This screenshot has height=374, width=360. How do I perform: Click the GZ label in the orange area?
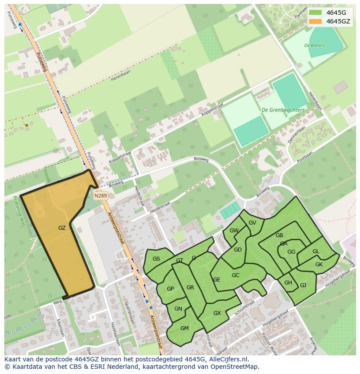coord(62,228)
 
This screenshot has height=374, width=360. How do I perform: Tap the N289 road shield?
coord(100,196)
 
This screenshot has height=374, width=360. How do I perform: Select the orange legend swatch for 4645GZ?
coord(316,21)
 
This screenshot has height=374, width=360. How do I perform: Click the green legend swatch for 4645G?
coord(316,12)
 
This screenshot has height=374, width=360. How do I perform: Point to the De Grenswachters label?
coord(283,110)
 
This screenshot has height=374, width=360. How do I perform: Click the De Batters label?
coord(314,45)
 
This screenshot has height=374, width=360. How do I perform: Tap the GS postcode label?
coord(156,259)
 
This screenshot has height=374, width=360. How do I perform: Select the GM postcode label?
coord(184,328)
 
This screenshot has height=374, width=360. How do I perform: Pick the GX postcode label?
coord(217,313)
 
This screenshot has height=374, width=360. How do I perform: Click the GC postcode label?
coord(235,275)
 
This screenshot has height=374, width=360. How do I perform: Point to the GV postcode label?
coord(252,222)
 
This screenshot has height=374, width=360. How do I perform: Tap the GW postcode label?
coord(234,231)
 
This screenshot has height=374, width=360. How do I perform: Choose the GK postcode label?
coord(319,264)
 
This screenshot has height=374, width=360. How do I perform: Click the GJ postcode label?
coord(303,285)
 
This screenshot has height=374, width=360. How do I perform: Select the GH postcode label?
coord(288,283)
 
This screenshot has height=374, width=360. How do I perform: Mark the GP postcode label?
coord(170,289)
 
